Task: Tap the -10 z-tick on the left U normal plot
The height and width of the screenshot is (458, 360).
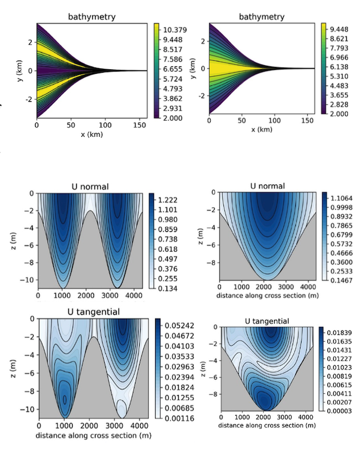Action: pos(27,279)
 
